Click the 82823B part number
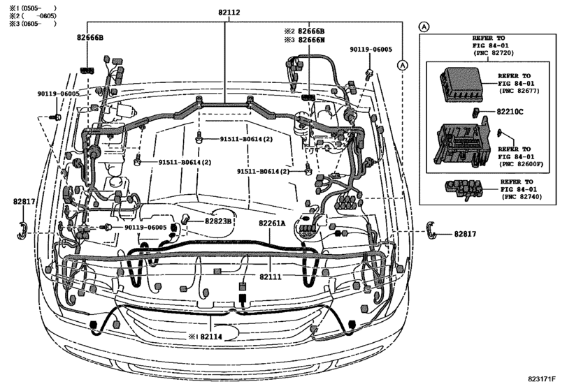[x=217, y=221]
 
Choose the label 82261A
[x=274, y=223]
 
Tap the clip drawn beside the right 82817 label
[x=433, y=229]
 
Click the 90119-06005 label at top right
[x=371, y=50]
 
